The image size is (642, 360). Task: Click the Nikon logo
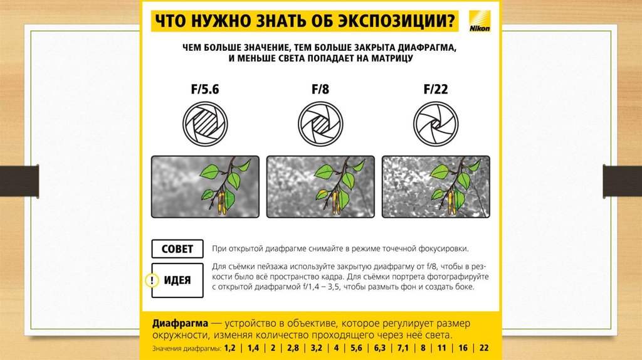[x=480, y=21]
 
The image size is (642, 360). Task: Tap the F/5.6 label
[x=205, y=89]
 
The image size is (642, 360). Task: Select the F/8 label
[x=320, y=89]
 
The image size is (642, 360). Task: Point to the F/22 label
[x=436, y=89]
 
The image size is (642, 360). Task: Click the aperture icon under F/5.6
[x=205, y=124]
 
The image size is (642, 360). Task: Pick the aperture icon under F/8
[x=320, y=124]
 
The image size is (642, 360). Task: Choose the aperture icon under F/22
[x=436, y=124]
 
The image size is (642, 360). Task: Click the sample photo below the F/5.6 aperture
[x=205, y=187]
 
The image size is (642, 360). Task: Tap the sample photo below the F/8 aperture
[x=320, y=187]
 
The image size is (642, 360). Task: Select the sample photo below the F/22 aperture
[x=436, y=187]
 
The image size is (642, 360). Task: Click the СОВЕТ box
[x=177, y=249]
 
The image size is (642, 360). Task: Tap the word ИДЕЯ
[x=177, y=280]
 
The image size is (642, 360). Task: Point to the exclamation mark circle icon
[x=152, y=280]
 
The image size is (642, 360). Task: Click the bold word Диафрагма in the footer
[x=180, y=324]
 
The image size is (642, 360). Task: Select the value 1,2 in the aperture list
[x=229, y=348]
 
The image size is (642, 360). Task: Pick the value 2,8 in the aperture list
[x=293, y=348]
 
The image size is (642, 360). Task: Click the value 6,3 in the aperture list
[x=379, y=348]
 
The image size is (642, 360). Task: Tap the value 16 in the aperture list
[x=463, y=348]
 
